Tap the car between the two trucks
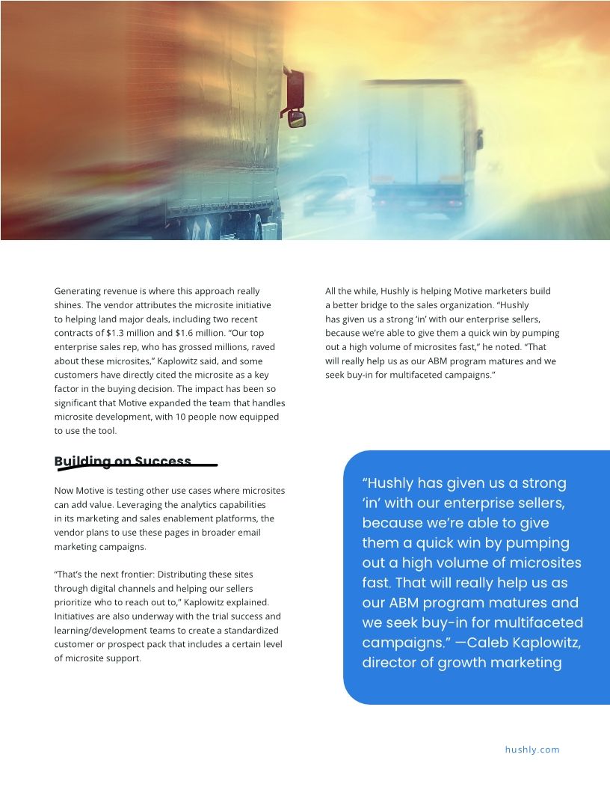[x=327, y=194]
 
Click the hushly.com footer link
[x=532, y=750]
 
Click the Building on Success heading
[x=123, y=462]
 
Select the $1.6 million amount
[x=198, y=333]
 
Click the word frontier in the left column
[x=131, y=575]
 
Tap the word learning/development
[x=99, y=630]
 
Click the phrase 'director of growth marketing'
[x=462, y=663]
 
